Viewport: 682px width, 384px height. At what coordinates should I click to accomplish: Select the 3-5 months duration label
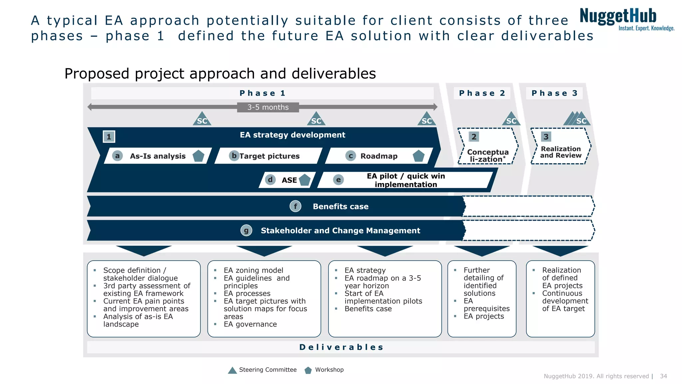[268, 107]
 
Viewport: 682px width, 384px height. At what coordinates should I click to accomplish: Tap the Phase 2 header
[482, 93]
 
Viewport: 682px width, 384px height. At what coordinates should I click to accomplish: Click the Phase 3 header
[554, 93]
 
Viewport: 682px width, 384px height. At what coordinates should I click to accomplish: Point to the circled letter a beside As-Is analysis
[117, 156]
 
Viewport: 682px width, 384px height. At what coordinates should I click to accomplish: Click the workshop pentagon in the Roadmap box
[418, 156]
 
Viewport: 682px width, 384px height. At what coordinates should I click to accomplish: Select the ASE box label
[289, 180]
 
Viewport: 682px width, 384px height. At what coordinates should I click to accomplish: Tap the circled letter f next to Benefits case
[295, 206]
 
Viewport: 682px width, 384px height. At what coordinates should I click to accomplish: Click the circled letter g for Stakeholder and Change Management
[246, 230]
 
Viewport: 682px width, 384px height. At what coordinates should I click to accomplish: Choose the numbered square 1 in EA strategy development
[109, 137]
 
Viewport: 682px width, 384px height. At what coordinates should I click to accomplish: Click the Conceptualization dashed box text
[488, 156]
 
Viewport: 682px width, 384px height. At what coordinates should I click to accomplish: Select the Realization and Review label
[561, 152]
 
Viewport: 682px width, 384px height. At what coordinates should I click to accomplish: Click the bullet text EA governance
[250, 324]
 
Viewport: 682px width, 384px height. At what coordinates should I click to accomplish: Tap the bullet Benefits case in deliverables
[368, 309]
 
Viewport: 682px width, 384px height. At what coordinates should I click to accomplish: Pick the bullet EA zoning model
[253, 270]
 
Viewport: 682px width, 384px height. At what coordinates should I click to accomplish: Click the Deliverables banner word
[341, 347]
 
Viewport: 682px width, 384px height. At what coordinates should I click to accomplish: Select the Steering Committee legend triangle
[232, 370]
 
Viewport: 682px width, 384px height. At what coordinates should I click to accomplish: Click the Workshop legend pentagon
[308, 370]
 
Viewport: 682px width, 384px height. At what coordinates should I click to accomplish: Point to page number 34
[663, 376]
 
